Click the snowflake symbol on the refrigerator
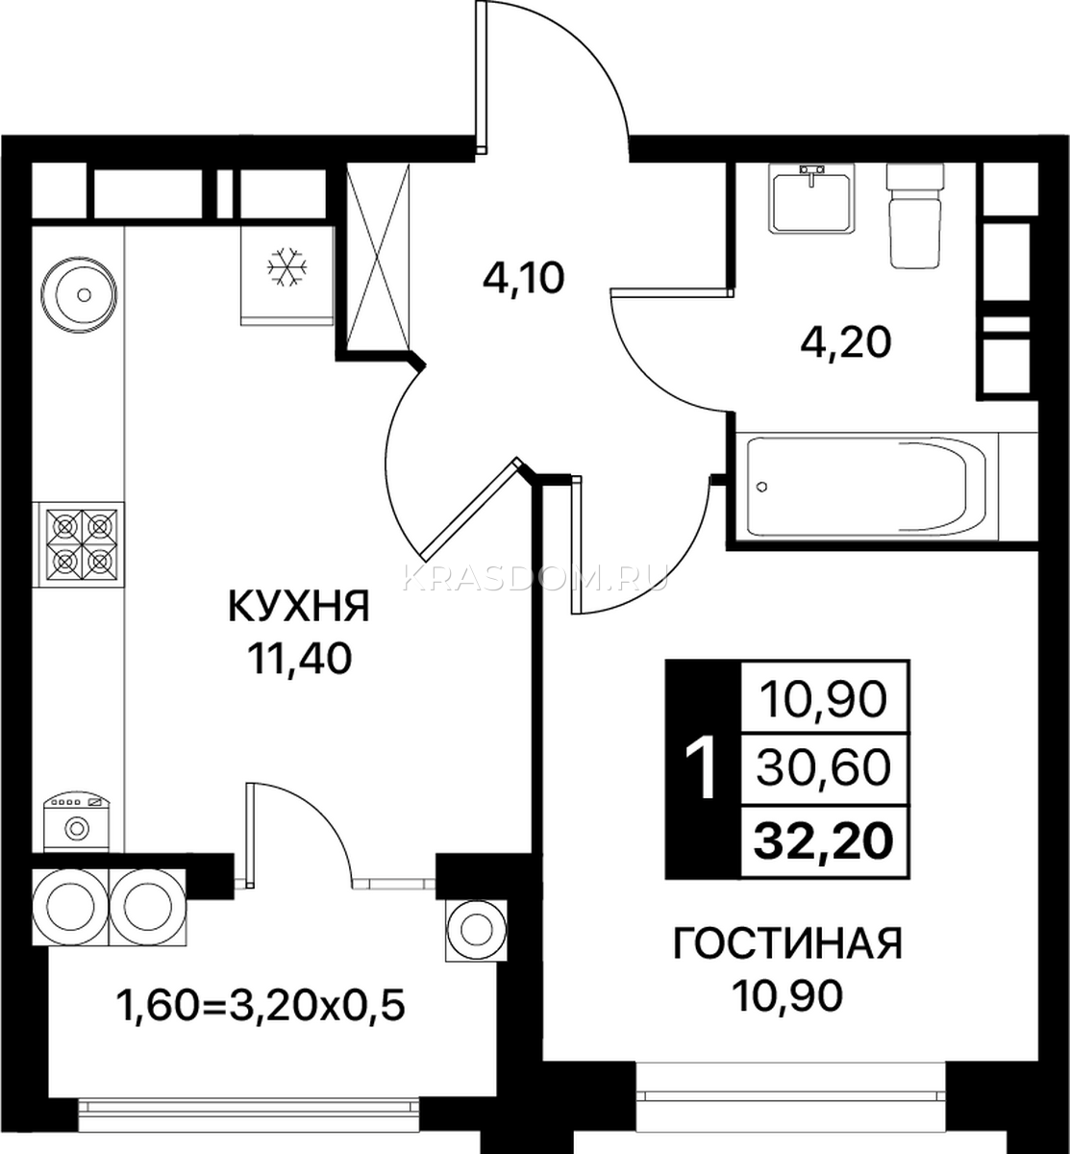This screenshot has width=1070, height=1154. point(286,267)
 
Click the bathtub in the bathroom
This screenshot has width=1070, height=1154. point(866,487)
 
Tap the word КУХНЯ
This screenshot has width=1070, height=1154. point(299,607)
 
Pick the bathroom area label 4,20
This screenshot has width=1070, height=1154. point(846,343)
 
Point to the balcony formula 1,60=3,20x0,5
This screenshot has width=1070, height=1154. point(261,1006)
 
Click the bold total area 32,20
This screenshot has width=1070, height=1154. point(823,840)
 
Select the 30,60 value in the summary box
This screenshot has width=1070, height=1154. point(823,768)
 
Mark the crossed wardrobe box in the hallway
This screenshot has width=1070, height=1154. point(378,257)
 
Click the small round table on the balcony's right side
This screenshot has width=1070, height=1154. point(476,932)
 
